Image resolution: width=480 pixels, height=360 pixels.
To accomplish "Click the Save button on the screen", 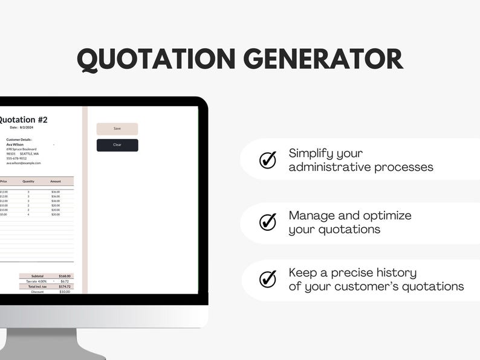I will (x=117, y=129).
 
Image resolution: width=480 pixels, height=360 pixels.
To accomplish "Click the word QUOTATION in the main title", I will (x=155, y=59).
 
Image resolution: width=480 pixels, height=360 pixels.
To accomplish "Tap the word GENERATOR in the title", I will (x=323, y=59).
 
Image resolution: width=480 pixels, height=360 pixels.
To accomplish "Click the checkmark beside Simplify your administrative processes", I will (x=268, y=160).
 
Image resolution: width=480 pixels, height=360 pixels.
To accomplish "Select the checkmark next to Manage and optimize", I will (x=268, y=222).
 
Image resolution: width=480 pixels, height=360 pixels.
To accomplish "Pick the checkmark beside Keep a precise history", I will (x=268, y=279).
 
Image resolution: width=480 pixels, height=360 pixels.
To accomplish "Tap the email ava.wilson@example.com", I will (x=24, y=163).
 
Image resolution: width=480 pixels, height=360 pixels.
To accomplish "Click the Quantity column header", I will (x=28, y=181).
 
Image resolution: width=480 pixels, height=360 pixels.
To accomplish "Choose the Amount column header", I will (x=56, y=181).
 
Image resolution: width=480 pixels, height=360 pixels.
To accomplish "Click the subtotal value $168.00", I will (x=64, y=276).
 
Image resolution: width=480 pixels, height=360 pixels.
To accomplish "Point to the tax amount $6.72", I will (x=65, y=281).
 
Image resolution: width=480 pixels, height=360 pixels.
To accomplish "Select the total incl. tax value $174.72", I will (x=64, y=286).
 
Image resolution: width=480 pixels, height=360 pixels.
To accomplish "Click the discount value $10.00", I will (x=64, y=292).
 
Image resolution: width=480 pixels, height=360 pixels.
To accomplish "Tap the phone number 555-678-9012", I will (x=16, y=158).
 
